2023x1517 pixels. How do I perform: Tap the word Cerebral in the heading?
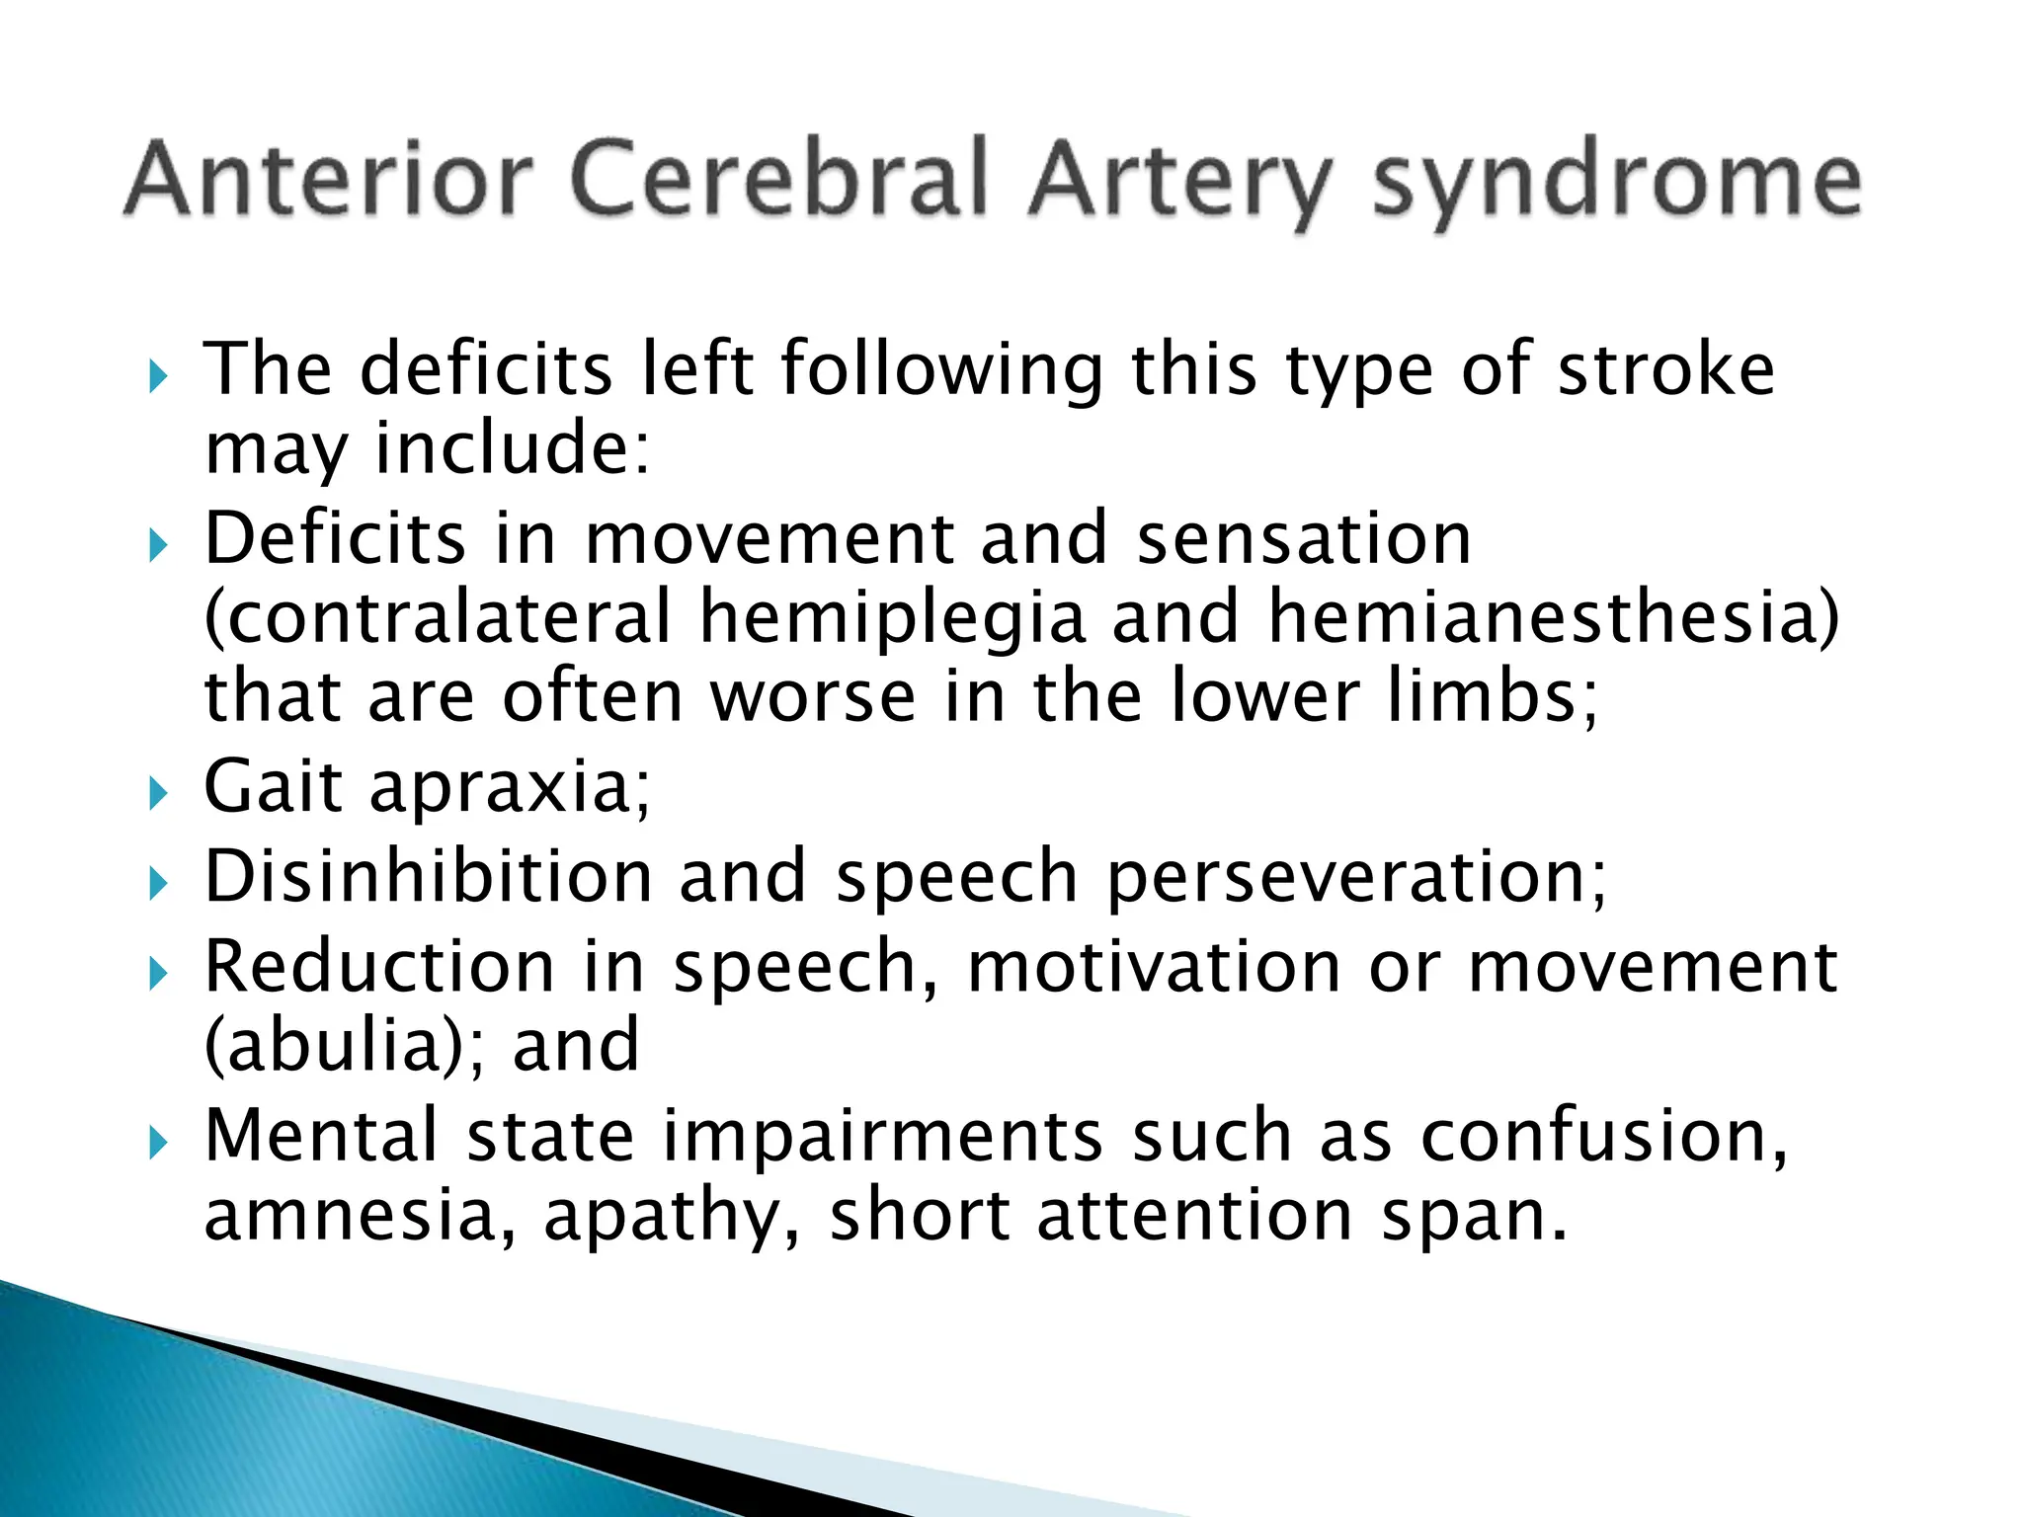[x=779, y=179]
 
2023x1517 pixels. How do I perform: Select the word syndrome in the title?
[x=1617, y=183]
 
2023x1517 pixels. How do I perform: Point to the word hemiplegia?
[x=892, y=617]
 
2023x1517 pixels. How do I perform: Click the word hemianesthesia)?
[x=1554, y=617]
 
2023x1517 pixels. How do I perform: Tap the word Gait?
[x=274, y=787]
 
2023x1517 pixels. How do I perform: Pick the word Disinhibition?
[x=428, y=877]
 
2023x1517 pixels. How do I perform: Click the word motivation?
[x=1154, y=967]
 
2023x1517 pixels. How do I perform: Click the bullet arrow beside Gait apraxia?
[x=158, y=792]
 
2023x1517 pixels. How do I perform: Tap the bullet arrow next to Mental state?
[x=158, y=1144]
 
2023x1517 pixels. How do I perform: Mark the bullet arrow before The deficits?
[x=158, y=376]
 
